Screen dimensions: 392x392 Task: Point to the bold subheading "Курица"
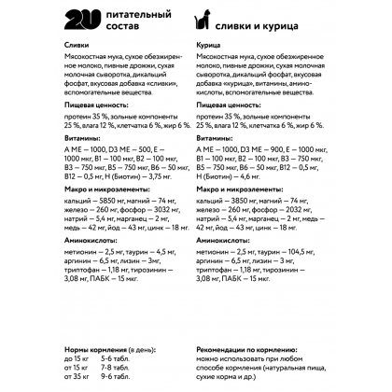[x=212, y=45]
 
